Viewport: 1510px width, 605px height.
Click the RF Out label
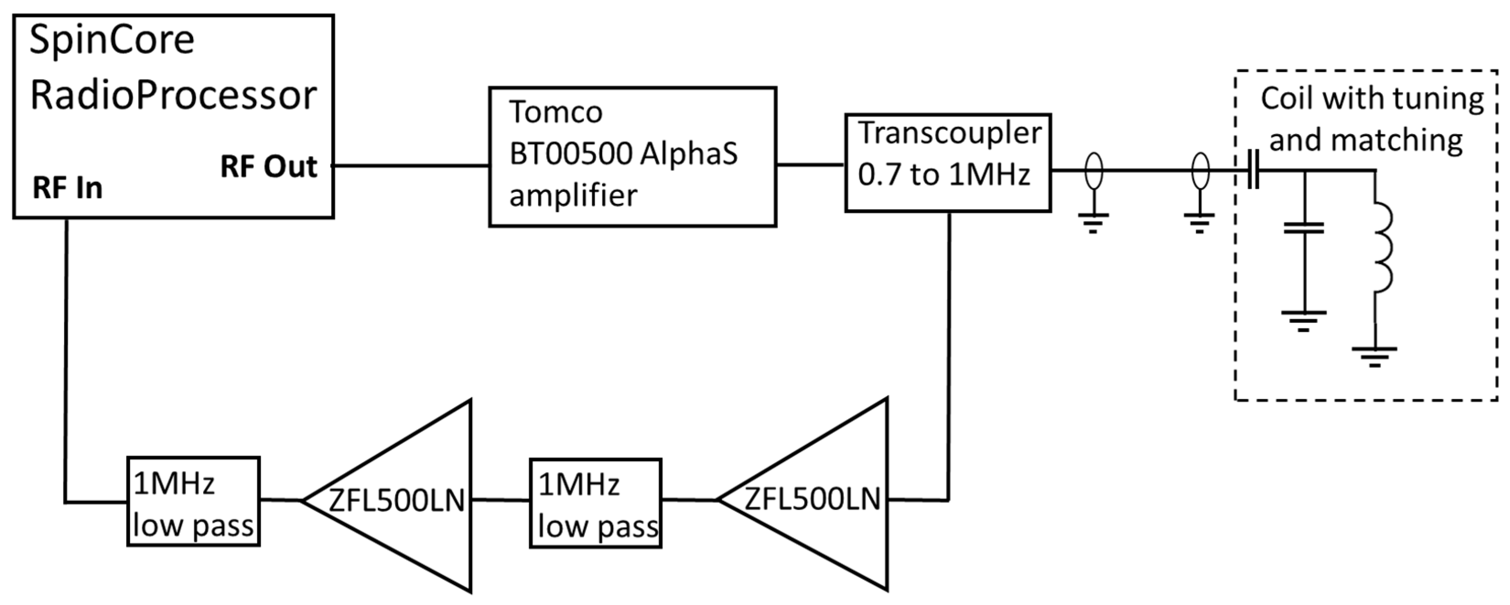[x=269, y=167]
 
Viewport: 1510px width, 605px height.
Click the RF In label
[x=67, y=188]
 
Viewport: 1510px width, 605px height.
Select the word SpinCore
[x=111, y=40]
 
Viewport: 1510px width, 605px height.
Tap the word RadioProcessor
[x=173, y=95]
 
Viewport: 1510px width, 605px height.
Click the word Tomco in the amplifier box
[x=555, y=111]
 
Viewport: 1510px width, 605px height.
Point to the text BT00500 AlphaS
[x=623, y=154]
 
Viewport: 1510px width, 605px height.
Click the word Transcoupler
[x=950, y=133]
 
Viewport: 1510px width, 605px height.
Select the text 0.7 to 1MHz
[x=944, y=174]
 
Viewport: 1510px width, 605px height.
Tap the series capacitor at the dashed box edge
[x=1253, y=171]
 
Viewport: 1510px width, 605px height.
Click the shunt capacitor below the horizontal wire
[x=1304, y=228]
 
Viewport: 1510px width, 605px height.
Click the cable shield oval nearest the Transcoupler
[x=1094, y=171]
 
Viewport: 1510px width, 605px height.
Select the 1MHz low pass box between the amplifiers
[x=596, y=503]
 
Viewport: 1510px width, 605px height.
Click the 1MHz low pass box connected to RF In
[x=193, y=501]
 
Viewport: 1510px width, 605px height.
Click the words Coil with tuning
[x=1372, y=98]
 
